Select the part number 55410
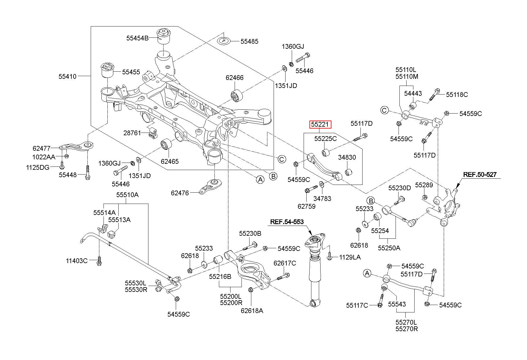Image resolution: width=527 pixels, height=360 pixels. pos(68,76)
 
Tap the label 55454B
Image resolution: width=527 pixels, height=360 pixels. pos(137,38)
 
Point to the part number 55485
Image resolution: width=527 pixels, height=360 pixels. pos(250,42)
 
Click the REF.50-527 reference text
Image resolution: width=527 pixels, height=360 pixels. pos(480,175)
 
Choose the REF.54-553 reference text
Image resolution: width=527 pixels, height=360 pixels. pos(287,222)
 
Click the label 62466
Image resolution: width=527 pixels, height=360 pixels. pos(234,78)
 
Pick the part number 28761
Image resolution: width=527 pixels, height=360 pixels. pos(132,133)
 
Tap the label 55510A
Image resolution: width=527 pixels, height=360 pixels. pos(127,195)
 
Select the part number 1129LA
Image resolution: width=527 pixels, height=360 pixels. pos(350,257)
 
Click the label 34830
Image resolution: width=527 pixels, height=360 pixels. pos(347,157)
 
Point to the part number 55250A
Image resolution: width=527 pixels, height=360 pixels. pos(389,248)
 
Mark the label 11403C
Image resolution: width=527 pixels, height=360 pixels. pos(77,261)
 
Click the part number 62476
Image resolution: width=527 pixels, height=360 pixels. pos(180,193)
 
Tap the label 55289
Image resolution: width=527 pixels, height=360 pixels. pos(424,185)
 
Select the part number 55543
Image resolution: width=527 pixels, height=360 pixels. pos(397,304)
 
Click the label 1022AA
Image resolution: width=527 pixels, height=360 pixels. pos(44,157)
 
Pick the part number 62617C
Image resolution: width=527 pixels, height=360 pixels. pos(285,263)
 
